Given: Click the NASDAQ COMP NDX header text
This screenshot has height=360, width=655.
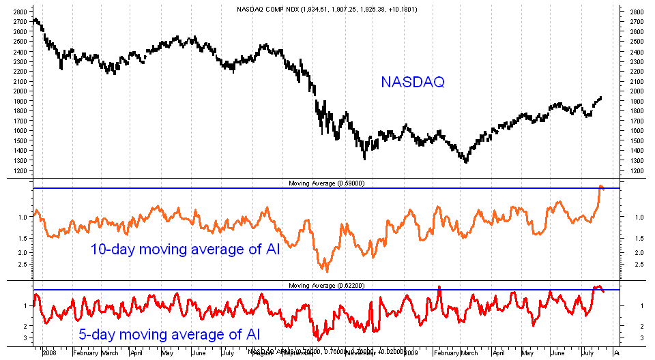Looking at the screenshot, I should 327,9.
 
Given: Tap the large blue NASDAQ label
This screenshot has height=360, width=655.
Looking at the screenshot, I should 413,82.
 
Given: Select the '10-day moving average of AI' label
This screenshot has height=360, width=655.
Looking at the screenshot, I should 185,250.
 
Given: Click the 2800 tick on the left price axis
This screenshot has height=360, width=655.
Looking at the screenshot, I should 20,12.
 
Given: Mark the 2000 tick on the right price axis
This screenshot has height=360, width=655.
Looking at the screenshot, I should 637,91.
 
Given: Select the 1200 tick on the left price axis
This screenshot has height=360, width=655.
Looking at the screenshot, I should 20,170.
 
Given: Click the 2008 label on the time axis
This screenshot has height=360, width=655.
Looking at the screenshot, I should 49,353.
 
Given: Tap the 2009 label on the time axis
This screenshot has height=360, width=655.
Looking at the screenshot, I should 411,353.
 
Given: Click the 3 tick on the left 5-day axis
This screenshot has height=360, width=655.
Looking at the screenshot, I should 25,337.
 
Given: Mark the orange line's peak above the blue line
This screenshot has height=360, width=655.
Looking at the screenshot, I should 601,185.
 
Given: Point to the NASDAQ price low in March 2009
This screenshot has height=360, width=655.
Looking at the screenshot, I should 466,162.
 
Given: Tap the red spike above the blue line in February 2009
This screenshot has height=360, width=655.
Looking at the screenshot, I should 439,287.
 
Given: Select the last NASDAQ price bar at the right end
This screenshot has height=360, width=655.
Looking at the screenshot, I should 600,97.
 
